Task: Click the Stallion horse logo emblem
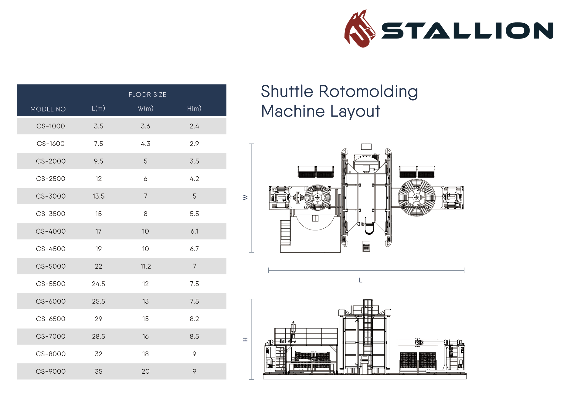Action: pyautogui.click(x=359, y=29)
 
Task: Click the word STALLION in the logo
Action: pyautogui.click(x=467, y=30)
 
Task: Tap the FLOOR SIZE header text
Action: pyautogui.click(x=147, y=95)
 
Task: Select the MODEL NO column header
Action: pyautogui.click(x=48, y=109)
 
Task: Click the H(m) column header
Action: pyautogui.click(x=194, y=108)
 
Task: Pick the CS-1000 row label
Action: pyautogui.click(x=50, y=126)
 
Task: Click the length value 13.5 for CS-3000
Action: pyautogui.click(x=98, y=196)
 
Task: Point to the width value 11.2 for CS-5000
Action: pyautogui.click(x=146, y=266)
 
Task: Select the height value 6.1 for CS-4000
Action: pyautogui.click(x=194, y=231)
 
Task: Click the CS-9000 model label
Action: pyautogui.click(x=50, y=371)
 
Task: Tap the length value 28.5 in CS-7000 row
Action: pyautogui.click(x=98, y=337)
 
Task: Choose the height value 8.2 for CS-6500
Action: pyautogui.click(x=194, y=319)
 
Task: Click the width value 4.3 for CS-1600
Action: pyautogui.click(x=146, y=144)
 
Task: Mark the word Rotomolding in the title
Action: pyautogui.click(x=368, y=91)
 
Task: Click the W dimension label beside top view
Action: pyautogui.click(x=245, y=197)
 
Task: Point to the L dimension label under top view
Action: pyautogui.click(x=361, y=280)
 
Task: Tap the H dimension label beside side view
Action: pyautogui.click(x=245, y=339)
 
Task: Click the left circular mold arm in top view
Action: pyautogui.click(x=318, y=198)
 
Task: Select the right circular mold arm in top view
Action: pyautogui.click(x=416, y=198)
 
